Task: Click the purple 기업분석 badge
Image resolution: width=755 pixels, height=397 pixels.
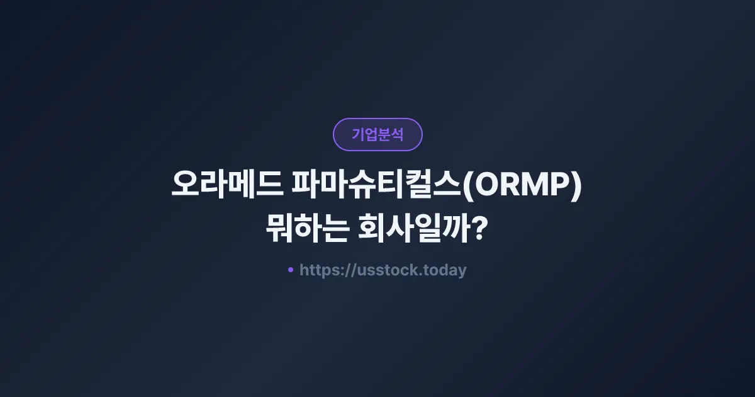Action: coord(377,134)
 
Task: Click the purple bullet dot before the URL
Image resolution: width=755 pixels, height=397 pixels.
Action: coord(290,270)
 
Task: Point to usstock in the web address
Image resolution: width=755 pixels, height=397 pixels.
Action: coord(383,271)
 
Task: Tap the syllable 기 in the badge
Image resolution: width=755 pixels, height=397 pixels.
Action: coord(358,135)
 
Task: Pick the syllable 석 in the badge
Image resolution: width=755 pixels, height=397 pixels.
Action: coord(397,135)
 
